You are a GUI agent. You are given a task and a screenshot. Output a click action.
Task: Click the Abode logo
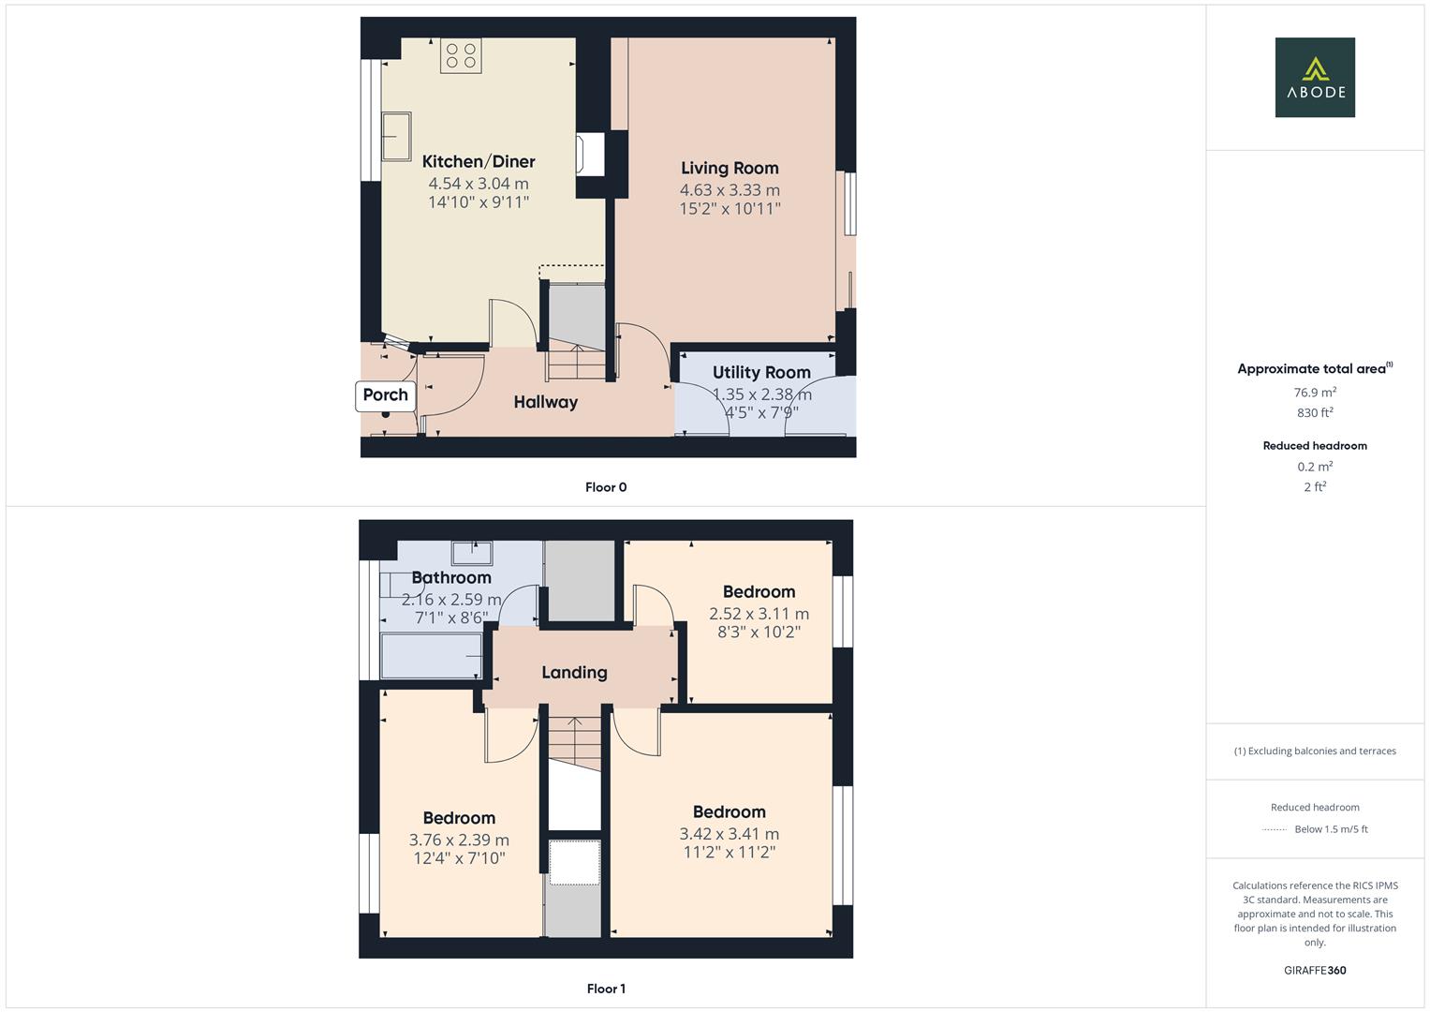(x=1315, y=78)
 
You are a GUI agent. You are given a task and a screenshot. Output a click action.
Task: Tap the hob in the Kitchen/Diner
(x=460, y=55)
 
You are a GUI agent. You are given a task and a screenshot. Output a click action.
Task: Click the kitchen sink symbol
(x=396, y=136)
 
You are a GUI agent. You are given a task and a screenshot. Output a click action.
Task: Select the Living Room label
(x=730, y=168)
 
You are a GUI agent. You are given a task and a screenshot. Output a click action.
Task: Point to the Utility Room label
(x=761, y=372)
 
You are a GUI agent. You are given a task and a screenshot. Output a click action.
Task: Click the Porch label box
(x=386, y=394)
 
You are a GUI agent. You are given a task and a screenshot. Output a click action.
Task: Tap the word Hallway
(x=546, y=402)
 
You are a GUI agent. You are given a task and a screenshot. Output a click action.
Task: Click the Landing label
(x=574, y=672)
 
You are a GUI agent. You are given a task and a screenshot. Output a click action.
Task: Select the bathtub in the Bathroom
(x=432, y=655)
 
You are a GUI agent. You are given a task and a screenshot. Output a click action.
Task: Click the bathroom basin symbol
(x=472, y=553)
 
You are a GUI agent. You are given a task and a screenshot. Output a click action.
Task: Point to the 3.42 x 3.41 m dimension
(x=730, y=834)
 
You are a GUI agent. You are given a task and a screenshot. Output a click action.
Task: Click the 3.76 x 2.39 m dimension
(x=459, y=840)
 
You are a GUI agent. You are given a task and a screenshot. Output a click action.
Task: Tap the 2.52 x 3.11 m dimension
(x=759, y=614)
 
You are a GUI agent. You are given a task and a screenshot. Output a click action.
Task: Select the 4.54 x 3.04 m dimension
(x=479, y=184)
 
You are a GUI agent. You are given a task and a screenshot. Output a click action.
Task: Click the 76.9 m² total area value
(x=1315, y=393)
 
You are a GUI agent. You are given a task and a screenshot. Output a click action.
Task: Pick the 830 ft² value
(x=1315, y=412)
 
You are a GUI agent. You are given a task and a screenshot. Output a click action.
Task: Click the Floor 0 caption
(x=606, y=487)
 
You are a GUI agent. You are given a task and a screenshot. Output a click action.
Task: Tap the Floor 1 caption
(x=606, y=989)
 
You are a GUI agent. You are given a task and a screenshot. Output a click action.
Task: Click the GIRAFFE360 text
(x=1315, y=970)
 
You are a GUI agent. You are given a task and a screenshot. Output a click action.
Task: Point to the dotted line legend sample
(x=1275, y=829)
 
